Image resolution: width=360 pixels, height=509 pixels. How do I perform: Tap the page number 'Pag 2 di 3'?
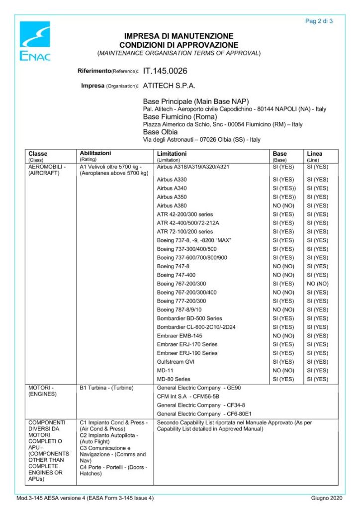319,21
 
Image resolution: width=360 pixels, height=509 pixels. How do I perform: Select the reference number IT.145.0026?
165,71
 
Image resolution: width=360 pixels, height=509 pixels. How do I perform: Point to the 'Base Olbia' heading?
160,132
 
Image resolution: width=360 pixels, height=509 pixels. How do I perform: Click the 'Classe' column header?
38,154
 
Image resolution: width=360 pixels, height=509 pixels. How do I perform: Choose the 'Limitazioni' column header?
172,154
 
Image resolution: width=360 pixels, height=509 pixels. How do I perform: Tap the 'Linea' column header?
315,154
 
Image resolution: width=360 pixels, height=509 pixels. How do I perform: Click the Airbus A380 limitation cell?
172,205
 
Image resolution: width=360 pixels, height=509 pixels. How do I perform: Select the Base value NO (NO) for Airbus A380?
283,205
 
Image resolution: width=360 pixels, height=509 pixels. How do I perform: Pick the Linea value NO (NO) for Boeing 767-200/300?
317,284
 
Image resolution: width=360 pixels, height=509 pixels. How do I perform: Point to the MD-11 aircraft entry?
165,371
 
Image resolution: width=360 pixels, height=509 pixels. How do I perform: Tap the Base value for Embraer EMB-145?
283,336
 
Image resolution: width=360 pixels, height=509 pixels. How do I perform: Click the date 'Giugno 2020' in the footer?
327,498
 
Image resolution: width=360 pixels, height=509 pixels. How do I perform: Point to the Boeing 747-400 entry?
176,275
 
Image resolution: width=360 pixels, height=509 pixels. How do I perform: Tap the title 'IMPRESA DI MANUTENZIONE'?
179,36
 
